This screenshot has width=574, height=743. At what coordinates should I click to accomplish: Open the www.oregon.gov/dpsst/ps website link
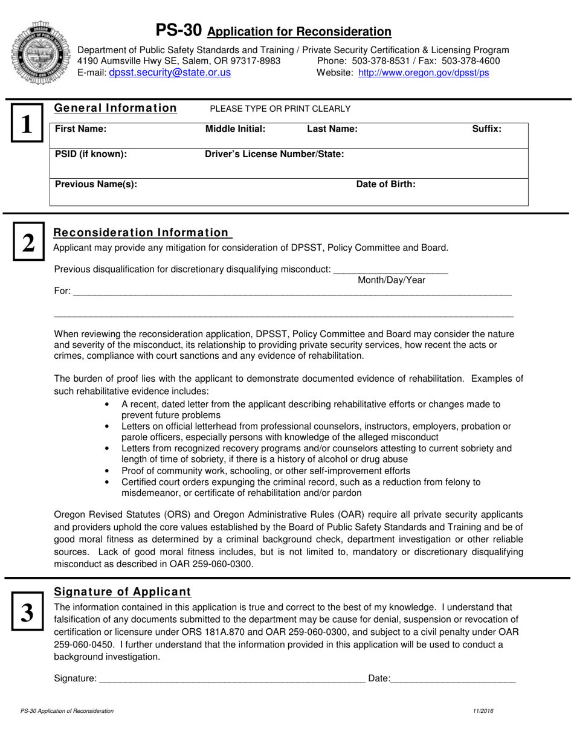point(424,72)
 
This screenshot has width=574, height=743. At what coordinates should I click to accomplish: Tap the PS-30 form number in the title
point(179,30)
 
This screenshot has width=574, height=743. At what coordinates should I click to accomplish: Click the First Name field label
point(80,129)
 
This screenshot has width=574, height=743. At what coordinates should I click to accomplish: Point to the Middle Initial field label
point(236,129)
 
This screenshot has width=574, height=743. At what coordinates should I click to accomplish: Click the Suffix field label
point(486,129)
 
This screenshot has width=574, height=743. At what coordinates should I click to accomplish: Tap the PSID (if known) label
point(91,154)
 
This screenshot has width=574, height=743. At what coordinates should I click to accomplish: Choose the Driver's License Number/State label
point(275,154)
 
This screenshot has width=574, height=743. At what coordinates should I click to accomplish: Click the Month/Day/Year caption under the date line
point(392,280)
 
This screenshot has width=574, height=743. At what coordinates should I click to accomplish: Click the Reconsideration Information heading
point(141,233)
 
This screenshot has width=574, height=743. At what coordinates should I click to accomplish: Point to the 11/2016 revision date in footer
point(484,711)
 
